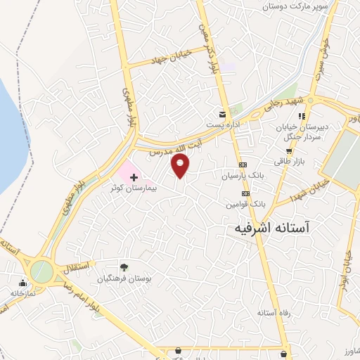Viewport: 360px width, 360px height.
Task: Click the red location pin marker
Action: point(181,166)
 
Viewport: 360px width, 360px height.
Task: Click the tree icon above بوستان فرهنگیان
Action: point(124,267)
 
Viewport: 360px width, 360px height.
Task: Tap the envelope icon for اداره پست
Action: point(223,115)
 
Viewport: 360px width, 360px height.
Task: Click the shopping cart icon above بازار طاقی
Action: point(288,150)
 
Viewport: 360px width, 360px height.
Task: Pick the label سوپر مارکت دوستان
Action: point(295,6)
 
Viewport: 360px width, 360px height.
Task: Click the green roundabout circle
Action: point(41,271)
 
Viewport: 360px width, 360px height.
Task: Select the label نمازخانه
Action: point(23,292)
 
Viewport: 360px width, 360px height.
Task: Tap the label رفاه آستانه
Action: point(274,312)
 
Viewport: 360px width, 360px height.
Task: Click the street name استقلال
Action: point(76,268)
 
